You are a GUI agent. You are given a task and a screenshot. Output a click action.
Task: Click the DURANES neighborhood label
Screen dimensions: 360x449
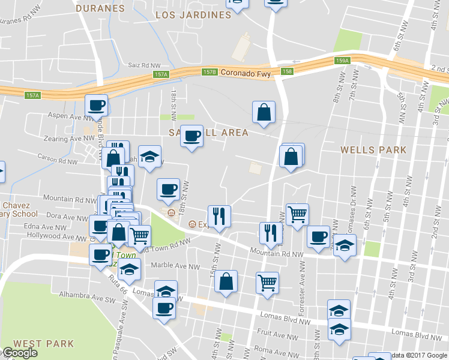100,8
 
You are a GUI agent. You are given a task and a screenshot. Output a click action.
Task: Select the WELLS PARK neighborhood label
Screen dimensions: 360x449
373,150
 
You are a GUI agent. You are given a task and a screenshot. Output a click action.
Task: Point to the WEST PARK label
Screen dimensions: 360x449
44,344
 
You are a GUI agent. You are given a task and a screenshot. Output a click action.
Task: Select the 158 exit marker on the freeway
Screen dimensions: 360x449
288,71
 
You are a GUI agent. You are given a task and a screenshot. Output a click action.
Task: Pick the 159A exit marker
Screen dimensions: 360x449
342,61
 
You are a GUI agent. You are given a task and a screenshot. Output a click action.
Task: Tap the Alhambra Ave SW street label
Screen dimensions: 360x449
84,295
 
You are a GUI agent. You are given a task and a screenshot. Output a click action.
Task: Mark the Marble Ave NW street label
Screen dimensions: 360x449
176,266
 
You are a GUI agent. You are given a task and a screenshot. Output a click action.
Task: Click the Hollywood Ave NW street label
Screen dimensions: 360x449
51,237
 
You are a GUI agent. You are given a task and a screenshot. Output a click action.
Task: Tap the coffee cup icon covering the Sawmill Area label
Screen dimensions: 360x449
191,136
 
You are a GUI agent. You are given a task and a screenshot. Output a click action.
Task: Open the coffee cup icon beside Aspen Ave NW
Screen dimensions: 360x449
96,106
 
